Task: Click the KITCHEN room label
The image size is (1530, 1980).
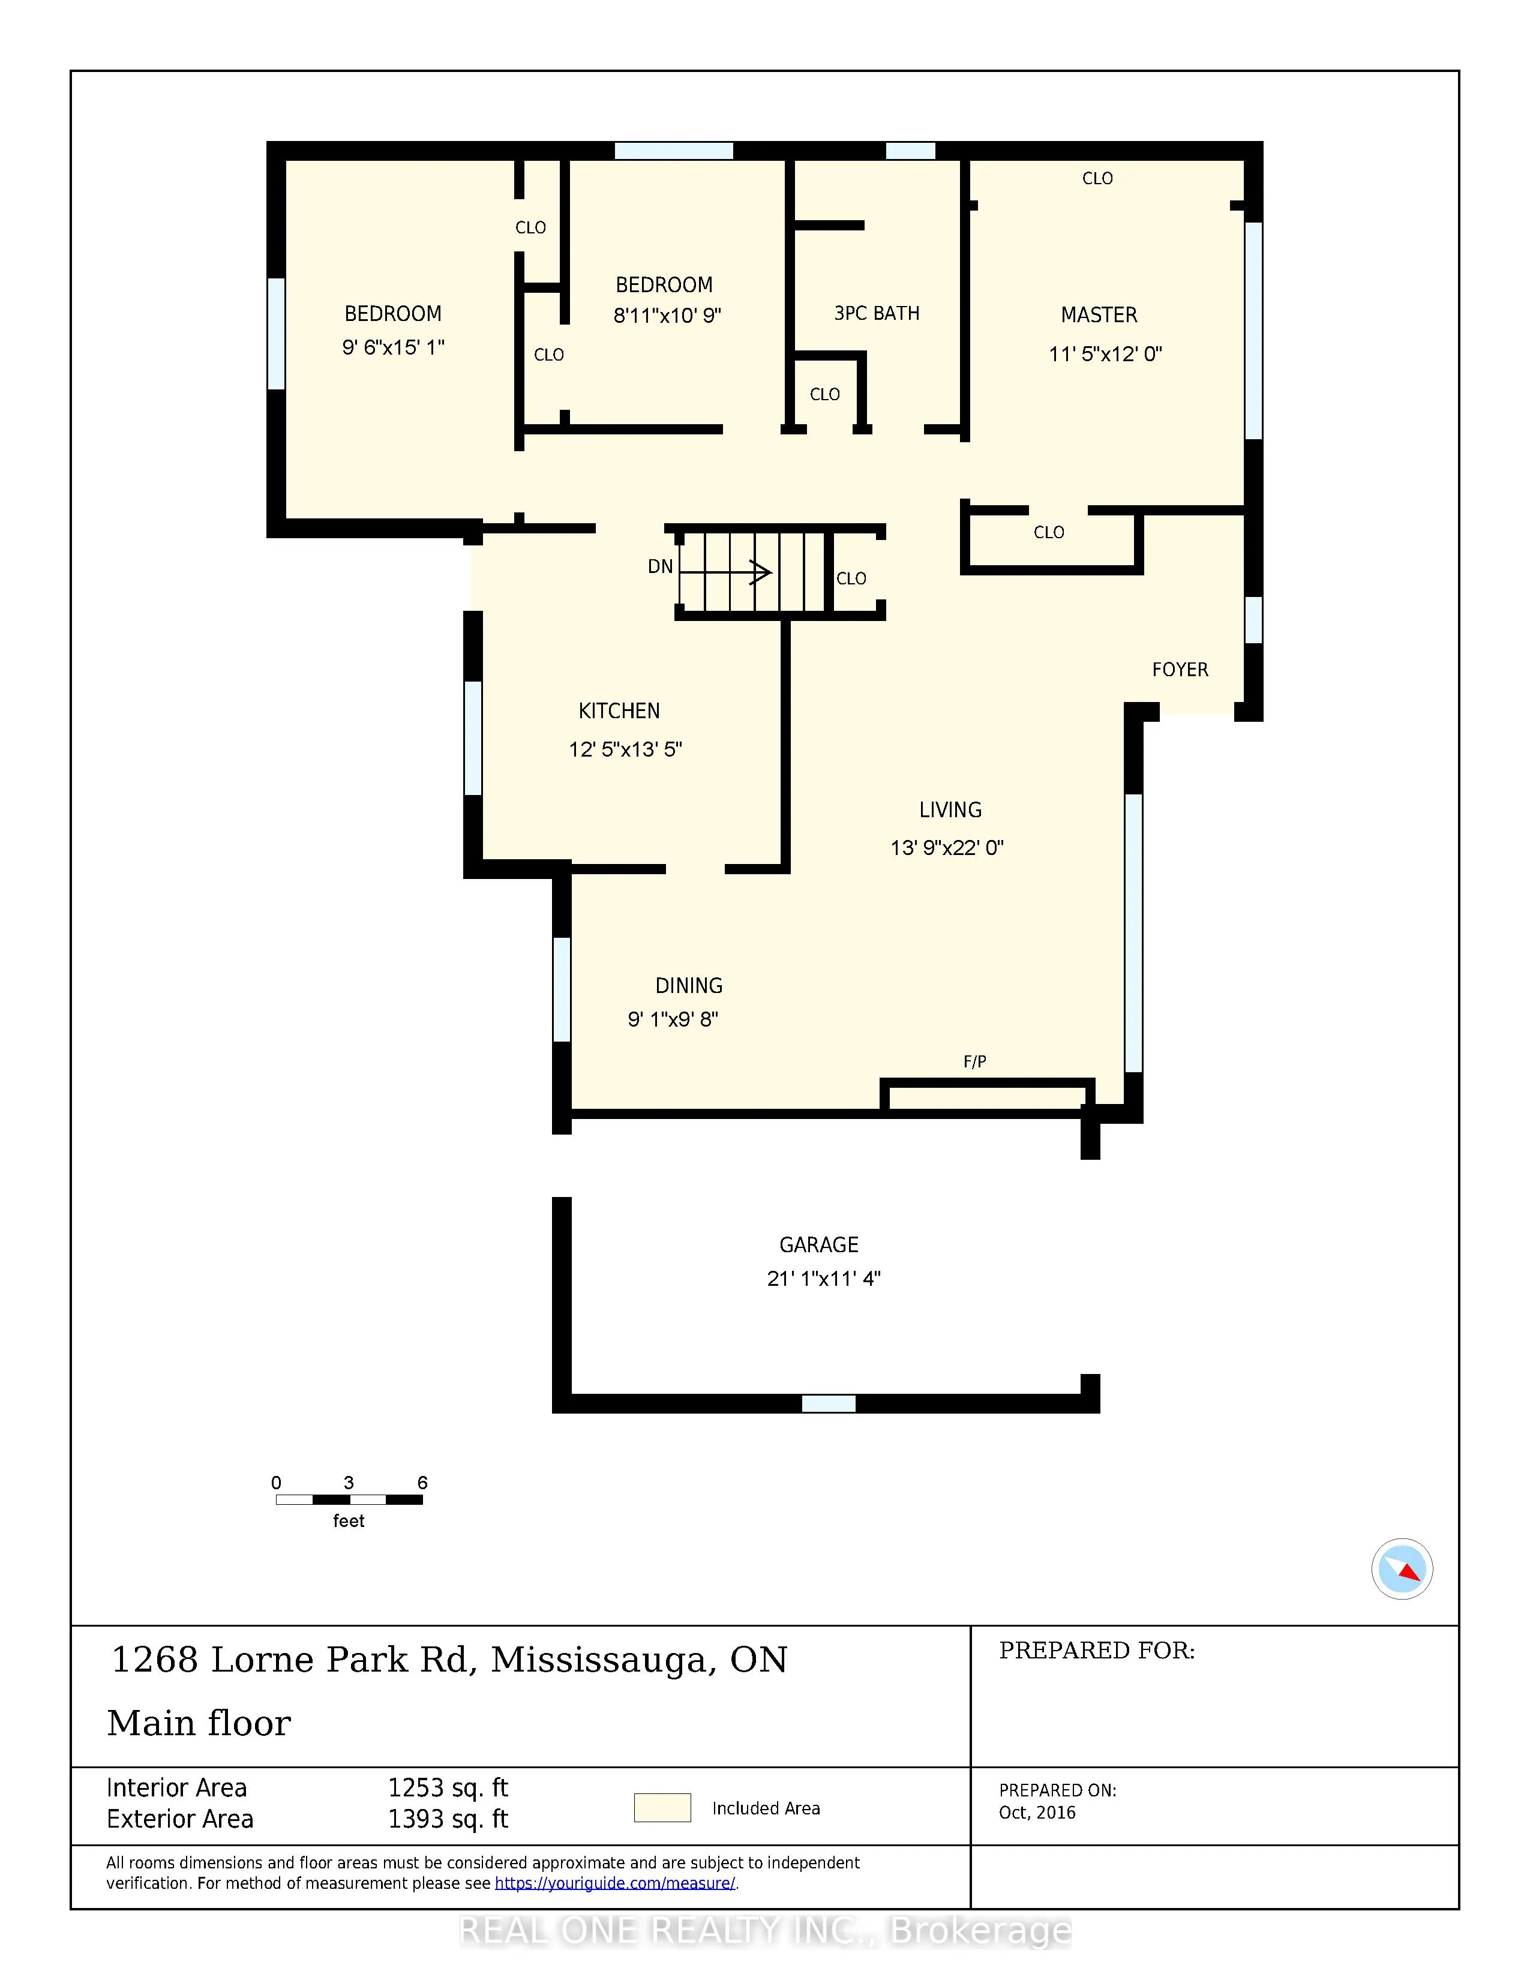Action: point(619,711)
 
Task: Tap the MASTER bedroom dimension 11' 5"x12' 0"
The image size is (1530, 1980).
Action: point(1105,355)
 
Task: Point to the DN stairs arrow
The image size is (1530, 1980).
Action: point(725,572)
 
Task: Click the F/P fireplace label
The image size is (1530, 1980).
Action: point(974,1061)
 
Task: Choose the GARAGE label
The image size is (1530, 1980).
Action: point(818,1245)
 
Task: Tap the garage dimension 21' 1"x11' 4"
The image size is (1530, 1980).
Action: point(823,1278)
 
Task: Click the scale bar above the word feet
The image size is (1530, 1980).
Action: point(349,1499)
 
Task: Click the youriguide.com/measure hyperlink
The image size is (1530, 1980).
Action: point(614,1883)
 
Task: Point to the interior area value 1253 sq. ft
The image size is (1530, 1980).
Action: point(448,1788)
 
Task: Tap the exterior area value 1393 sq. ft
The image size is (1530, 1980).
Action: point(448,1819)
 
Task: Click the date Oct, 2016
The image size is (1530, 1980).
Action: point(1037,1812)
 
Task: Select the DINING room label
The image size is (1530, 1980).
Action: point(689,985)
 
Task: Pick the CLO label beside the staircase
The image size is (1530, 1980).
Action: point(851,578)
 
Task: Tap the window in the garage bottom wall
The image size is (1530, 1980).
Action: point(829,1403)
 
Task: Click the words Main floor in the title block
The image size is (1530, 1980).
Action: point(199,1723)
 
